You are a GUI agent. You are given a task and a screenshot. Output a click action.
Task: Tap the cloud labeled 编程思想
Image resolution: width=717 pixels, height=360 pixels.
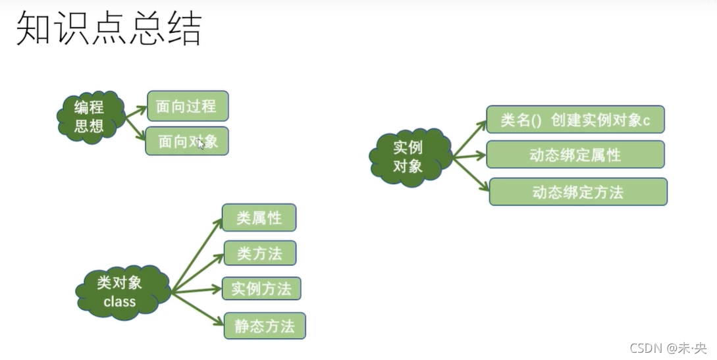click(90, 117)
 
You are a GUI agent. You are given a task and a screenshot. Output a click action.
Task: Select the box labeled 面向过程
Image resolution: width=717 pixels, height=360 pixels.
click(188, 106)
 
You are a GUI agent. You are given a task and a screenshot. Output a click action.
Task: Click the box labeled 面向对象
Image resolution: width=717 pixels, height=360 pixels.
click(187, 141)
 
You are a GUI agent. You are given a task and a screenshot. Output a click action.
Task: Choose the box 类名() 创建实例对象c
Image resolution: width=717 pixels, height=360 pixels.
click(575, 120)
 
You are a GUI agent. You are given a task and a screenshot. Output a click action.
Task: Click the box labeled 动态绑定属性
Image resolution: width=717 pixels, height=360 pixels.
click(575, 155)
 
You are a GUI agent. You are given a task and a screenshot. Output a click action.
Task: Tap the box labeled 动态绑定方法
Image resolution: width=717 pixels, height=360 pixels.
click(578, 192)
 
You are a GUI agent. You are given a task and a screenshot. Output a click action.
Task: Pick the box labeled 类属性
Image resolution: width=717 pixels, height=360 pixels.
click(259, 218)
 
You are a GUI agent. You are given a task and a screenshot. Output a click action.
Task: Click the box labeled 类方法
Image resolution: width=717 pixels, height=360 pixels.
click(259, 253)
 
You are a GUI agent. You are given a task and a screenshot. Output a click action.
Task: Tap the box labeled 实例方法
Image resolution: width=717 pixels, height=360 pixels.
click(261, 288)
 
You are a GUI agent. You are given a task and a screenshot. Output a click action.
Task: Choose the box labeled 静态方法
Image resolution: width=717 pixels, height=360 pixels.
click(265, 326)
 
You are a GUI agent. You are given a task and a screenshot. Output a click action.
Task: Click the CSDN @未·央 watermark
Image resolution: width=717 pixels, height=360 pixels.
click(668, 347)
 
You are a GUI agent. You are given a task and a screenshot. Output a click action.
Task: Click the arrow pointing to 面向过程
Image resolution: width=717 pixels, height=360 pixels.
click(136, 112)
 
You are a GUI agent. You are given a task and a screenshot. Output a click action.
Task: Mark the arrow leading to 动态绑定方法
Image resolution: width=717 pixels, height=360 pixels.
click(471, 174)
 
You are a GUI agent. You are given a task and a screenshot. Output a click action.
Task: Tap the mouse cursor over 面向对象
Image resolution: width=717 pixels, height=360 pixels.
click(201, 144)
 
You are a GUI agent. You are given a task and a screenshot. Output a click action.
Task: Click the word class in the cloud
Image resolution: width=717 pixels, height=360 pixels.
click(120, 302)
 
